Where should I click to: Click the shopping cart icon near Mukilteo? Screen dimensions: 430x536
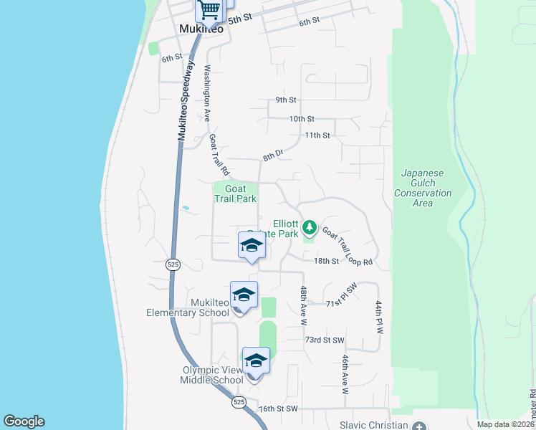[x=209, y=10]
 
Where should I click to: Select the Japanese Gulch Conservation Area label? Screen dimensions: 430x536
[x=423, y=188]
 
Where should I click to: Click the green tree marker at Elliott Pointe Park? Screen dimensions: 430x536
[x=310, y=228]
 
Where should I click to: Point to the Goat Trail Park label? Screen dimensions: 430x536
[x=236, y=194]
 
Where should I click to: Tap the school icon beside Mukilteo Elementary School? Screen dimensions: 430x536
[x=244, y=295]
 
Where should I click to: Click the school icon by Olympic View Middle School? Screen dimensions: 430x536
[x=256, y=360]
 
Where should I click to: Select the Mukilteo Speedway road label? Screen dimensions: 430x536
[x=186, y=100]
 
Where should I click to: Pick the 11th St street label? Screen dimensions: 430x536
[x=317, y=135]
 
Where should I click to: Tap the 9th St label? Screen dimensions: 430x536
[x=285, y=100]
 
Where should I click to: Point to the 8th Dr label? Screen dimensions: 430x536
[x=273, y=155]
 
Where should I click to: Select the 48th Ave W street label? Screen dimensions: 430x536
[x=304, y=305]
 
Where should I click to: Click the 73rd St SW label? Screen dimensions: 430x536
[x=325, y=340]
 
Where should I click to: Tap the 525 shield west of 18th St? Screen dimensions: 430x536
[x=173, y=264]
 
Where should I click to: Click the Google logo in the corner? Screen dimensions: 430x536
[x=24, y=421]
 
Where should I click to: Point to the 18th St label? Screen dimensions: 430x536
[x=326, y=261]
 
